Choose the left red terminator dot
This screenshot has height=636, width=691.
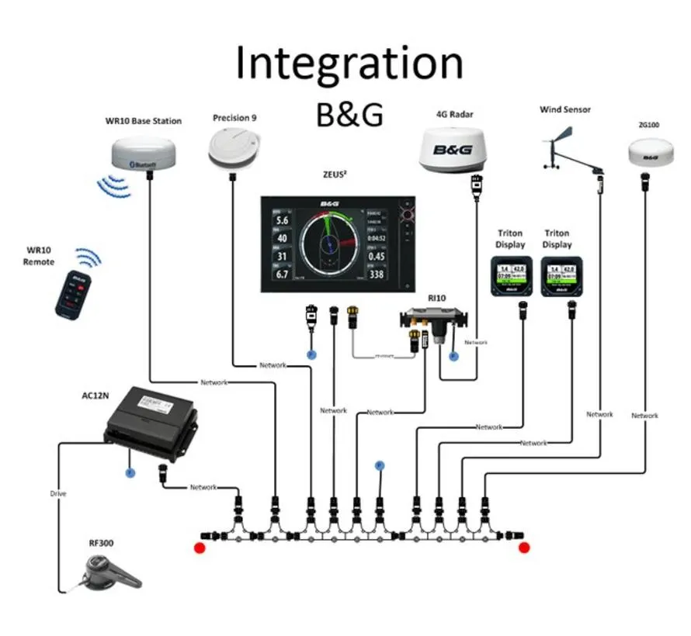click(199, 548)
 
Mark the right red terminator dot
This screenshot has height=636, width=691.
click(524, 548)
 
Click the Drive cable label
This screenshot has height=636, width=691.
click(58, 493)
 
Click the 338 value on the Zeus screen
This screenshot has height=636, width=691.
click(377, 275)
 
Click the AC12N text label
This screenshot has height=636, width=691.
click(95, 396)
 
